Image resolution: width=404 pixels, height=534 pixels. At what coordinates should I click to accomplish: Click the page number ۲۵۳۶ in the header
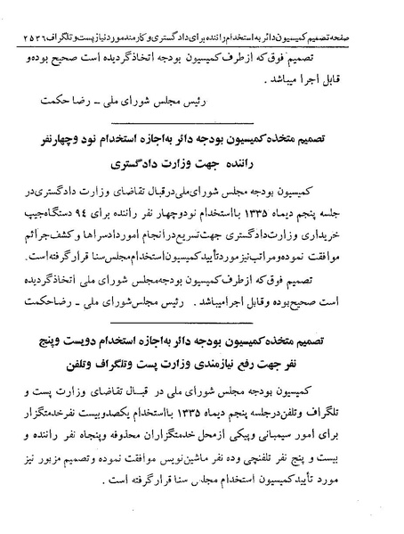pos(23,13)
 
